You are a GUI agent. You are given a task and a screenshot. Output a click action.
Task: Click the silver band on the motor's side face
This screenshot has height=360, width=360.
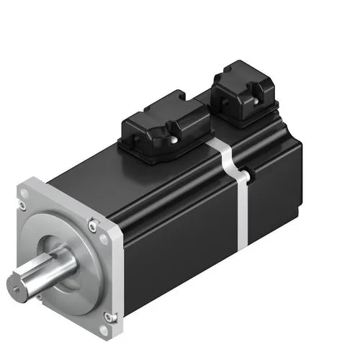(240, 209)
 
